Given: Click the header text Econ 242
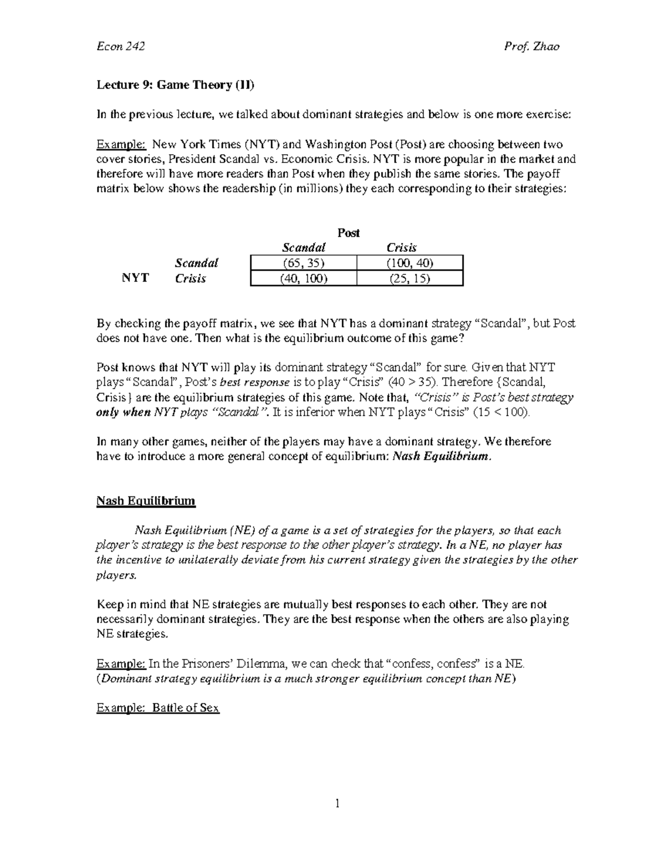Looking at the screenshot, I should click(120, 46).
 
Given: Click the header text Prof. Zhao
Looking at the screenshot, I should click(531, 46).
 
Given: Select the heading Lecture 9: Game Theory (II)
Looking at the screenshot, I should click(175, 85).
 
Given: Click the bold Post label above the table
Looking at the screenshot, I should click(348, 233).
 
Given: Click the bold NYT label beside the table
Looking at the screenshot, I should click(135, 278).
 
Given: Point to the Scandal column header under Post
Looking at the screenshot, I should click(303, 248).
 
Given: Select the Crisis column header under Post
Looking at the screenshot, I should click(402, 248).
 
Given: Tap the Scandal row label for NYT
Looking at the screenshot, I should click(196, 263).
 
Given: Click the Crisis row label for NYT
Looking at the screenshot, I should click(190, 279).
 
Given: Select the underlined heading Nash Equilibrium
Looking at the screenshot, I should click(146, 501).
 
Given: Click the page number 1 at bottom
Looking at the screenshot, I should click(337, 804).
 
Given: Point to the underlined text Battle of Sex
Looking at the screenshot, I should click(186, 709).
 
